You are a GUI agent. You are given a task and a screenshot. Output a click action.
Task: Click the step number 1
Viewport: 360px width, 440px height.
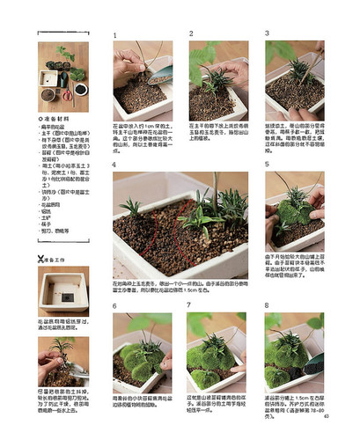pyautogui.click(x=115, y=35)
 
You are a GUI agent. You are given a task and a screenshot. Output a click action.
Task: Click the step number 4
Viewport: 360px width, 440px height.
pyautogui.click(x=115, y=165)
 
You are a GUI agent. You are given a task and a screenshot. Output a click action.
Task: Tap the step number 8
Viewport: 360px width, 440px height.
pyautogui.click(x=268, y=304)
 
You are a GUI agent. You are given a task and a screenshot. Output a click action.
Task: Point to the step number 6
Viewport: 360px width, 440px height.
pyautogui.click(x=115, y=304)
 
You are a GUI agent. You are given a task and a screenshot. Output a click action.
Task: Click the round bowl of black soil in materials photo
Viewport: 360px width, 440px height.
pyautogui.click(x=80, y=89)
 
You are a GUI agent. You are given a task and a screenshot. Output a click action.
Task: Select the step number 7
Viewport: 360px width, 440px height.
pyautogui.click(x=190, y=304)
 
